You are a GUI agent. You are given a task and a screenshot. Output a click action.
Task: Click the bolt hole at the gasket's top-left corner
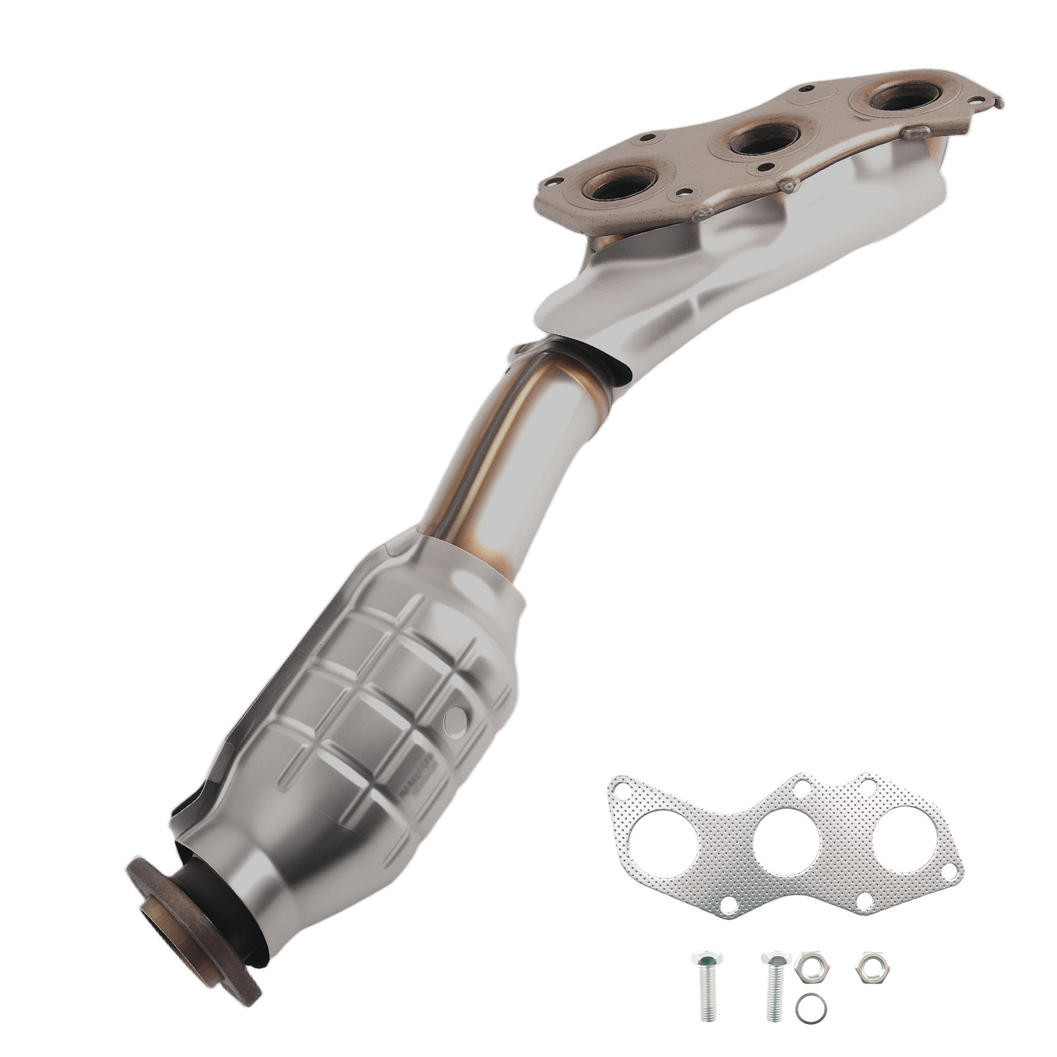point(622,786)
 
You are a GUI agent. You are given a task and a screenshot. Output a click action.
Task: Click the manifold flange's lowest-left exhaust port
point(619,188)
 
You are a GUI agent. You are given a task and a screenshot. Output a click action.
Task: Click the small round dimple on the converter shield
point(456,717)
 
